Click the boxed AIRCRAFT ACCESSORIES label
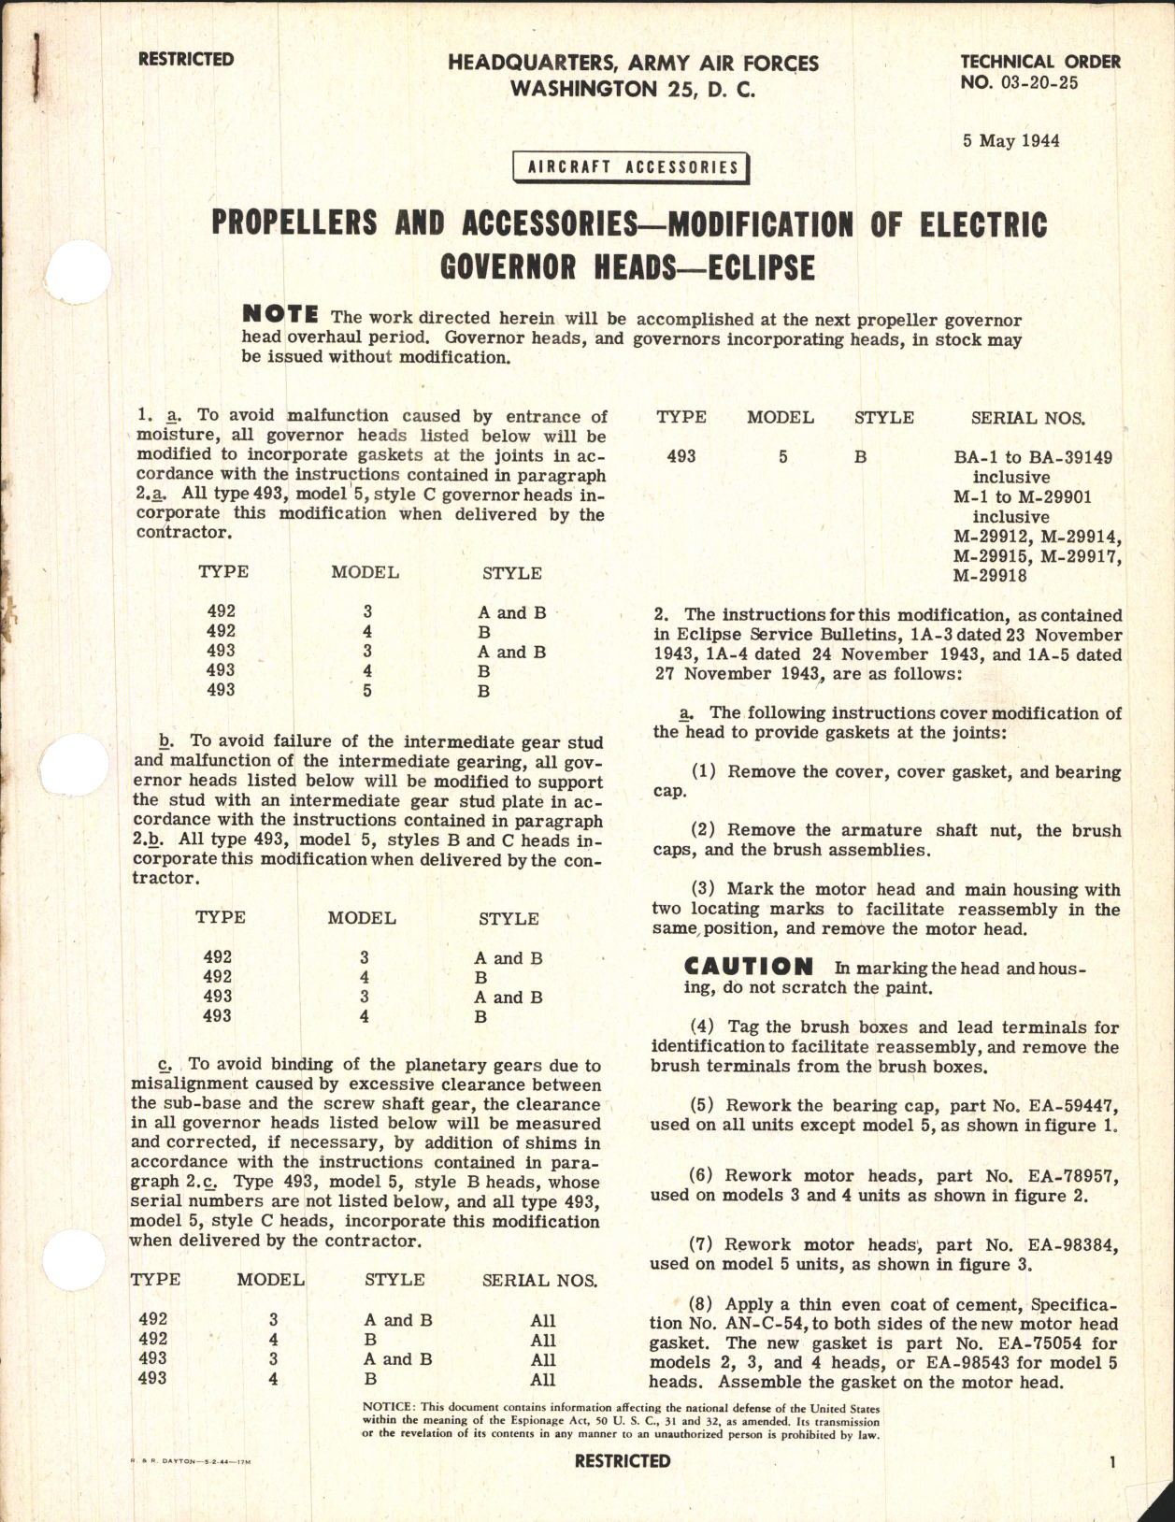(632, 167)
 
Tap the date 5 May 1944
(1011, 141)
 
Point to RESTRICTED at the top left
(185, 60)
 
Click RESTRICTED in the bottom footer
(623, 1460)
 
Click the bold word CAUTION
(749, 967)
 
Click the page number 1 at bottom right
(1112, 1463)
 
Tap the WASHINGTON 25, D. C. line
(632, 90)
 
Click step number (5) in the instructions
(703, 1106)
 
